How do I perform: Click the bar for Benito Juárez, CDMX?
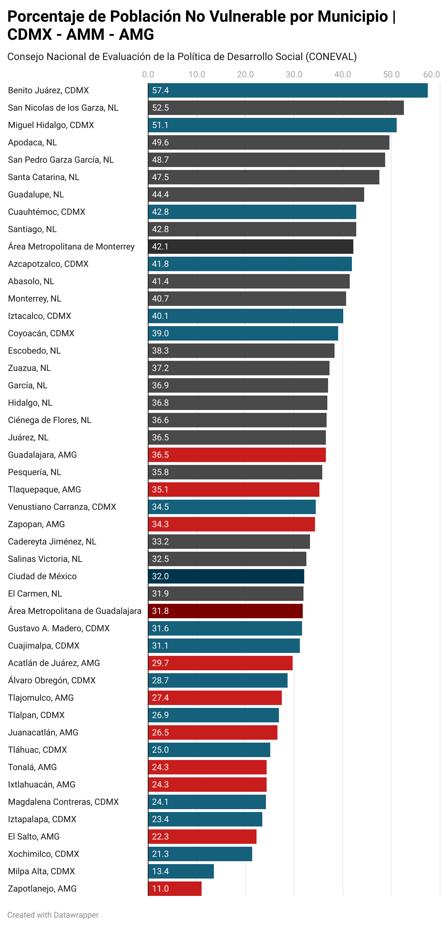(x=288, y=90)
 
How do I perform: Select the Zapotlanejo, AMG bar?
(x=175, y=889)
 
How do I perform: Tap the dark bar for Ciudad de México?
(x=226, y=576)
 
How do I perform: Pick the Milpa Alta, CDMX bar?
(x=181, y=871)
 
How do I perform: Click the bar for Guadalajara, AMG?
(x=237, y=455)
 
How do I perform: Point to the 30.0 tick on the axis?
(x=294, y=74)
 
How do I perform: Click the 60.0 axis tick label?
(x=431, y=74)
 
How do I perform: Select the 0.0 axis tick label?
(x=148, y=74)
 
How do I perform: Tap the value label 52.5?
(x=160, y=108)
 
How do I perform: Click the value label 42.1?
(x=160, y=247)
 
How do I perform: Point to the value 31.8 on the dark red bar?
(x=160, y=611)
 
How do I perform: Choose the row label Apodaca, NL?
(x=33, y=142)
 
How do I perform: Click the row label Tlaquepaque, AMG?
(x=44, y=490)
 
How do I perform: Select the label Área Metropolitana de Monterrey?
(x=71, y=247)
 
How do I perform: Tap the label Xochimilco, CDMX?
(x=43, y=854)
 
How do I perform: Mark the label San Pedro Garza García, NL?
(x=61, y=160)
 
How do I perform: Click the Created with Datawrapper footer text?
(x=53, y=915)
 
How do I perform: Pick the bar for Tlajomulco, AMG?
(x=215, y=698)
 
